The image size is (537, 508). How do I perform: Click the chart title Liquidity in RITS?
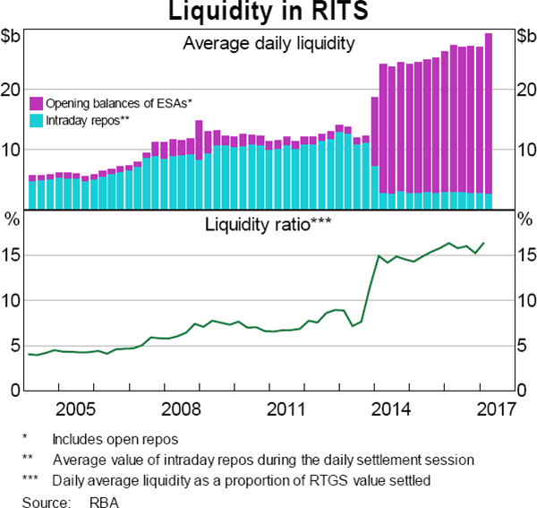[x=268, y=13]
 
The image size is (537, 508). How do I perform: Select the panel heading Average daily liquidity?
[x=268, y=42]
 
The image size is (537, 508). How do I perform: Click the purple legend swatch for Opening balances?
[x=37, y=103]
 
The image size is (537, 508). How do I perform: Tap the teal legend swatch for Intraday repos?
[x=37, y=118]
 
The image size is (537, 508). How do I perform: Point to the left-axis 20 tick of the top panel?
[x=12, y=90]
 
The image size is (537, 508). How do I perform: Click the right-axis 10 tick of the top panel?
[x=525, y=150]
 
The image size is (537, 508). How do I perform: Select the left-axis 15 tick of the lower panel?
[x=12, y=255]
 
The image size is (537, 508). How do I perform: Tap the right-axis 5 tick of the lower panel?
[x=522, y=346]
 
